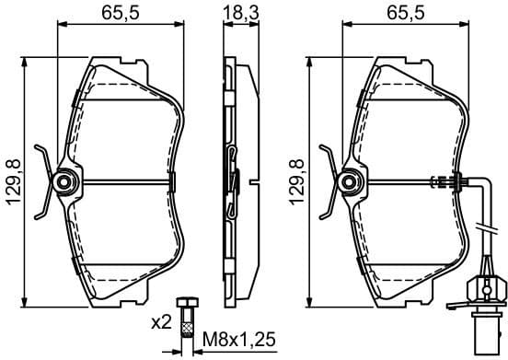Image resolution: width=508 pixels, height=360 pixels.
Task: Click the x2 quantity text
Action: click(162, 323)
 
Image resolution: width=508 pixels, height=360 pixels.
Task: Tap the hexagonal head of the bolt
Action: click(190, 306)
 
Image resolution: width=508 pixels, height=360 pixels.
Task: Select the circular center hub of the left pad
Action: click(63, 182)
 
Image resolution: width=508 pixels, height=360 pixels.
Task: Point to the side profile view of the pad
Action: click(233, 184)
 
